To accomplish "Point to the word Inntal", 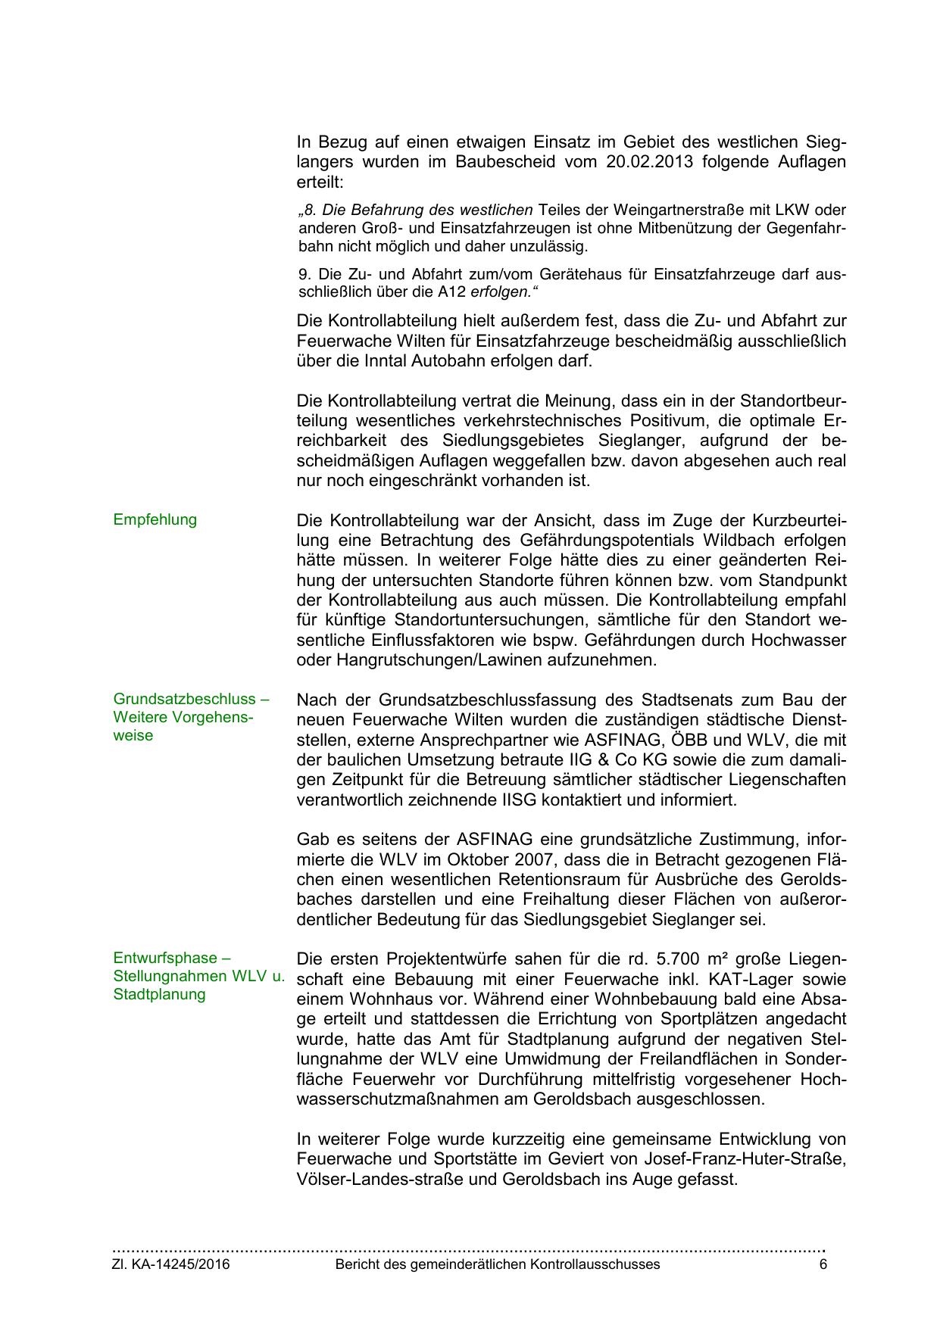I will (383, 361).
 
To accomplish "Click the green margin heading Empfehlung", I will (155, 520).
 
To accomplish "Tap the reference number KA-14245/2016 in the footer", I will (180, 1264).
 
